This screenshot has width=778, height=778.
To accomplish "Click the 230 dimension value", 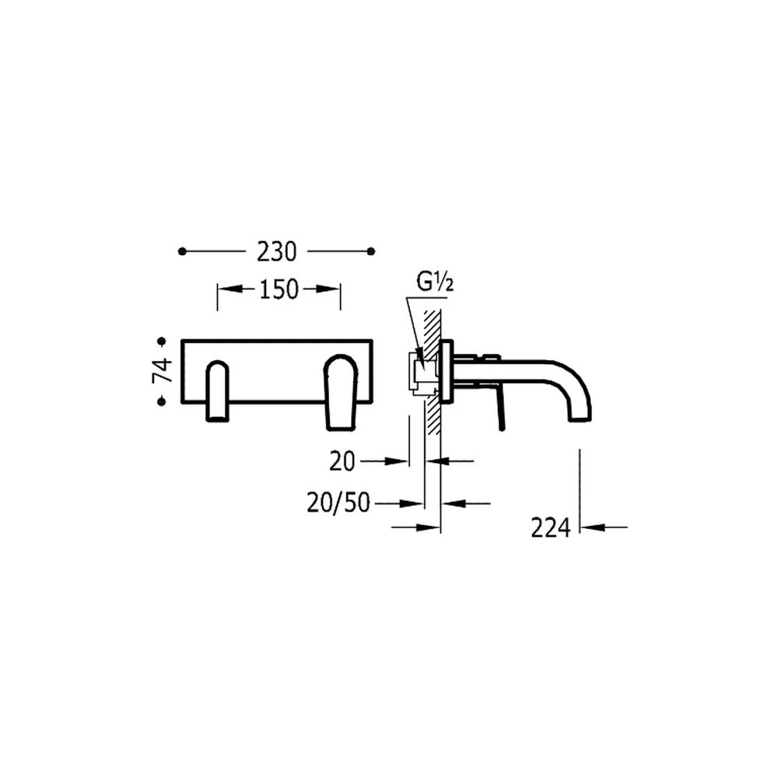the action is (276, 251).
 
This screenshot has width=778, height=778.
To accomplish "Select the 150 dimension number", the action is (279, 289).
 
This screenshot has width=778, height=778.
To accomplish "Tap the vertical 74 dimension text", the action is (163, 370).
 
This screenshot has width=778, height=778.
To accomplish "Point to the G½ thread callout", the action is (435, 283).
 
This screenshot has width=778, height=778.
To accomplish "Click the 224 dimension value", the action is (551, 527).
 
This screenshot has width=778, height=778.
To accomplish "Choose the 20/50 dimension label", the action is (338, 503).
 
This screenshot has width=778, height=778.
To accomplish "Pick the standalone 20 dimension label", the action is (342, 462).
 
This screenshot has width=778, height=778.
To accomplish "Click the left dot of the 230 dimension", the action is (182, 251).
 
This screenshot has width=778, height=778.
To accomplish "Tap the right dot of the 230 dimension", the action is (370, 251).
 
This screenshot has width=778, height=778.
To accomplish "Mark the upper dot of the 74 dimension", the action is (162, 342).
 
